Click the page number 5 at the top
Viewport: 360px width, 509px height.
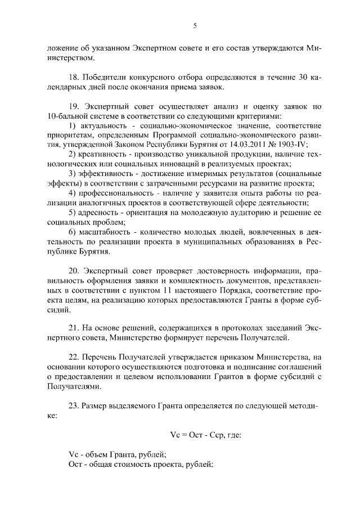[x=194, y=25]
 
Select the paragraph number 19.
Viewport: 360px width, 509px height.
[x=73, y=106]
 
